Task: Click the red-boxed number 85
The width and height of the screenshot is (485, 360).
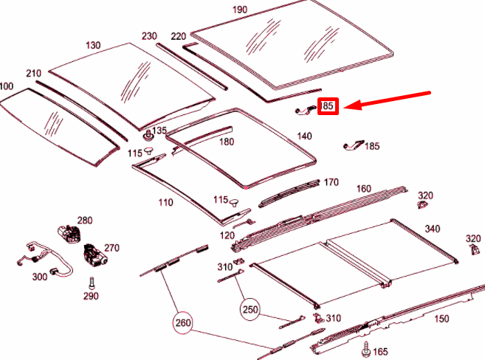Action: (x=328, y=107)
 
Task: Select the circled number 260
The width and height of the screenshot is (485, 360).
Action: (x=184, y=322)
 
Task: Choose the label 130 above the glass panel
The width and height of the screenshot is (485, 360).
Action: (x=92, y=45)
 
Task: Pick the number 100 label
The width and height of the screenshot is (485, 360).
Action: (x=7, y=86)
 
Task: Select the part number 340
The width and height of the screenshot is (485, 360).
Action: (x=432, y=229)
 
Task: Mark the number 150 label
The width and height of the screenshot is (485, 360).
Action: (x=441, y=319)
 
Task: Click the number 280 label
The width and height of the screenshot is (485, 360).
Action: (x=85, y=221)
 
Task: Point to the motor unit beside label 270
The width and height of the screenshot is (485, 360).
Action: (x=94, y=253)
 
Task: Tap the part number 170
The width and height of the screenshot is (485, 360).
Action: (x=331, y=182)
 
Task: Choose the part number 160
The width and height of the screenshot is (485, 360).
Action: (x=363, y=189)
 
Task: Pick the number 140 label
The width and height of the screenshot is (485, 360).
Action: (x=304, y=136)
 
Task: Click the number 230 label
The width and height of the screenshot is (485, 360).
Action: (x=150, y=36)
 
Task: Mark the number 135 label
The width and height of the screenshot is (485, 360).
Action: (x=161, y=131)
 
